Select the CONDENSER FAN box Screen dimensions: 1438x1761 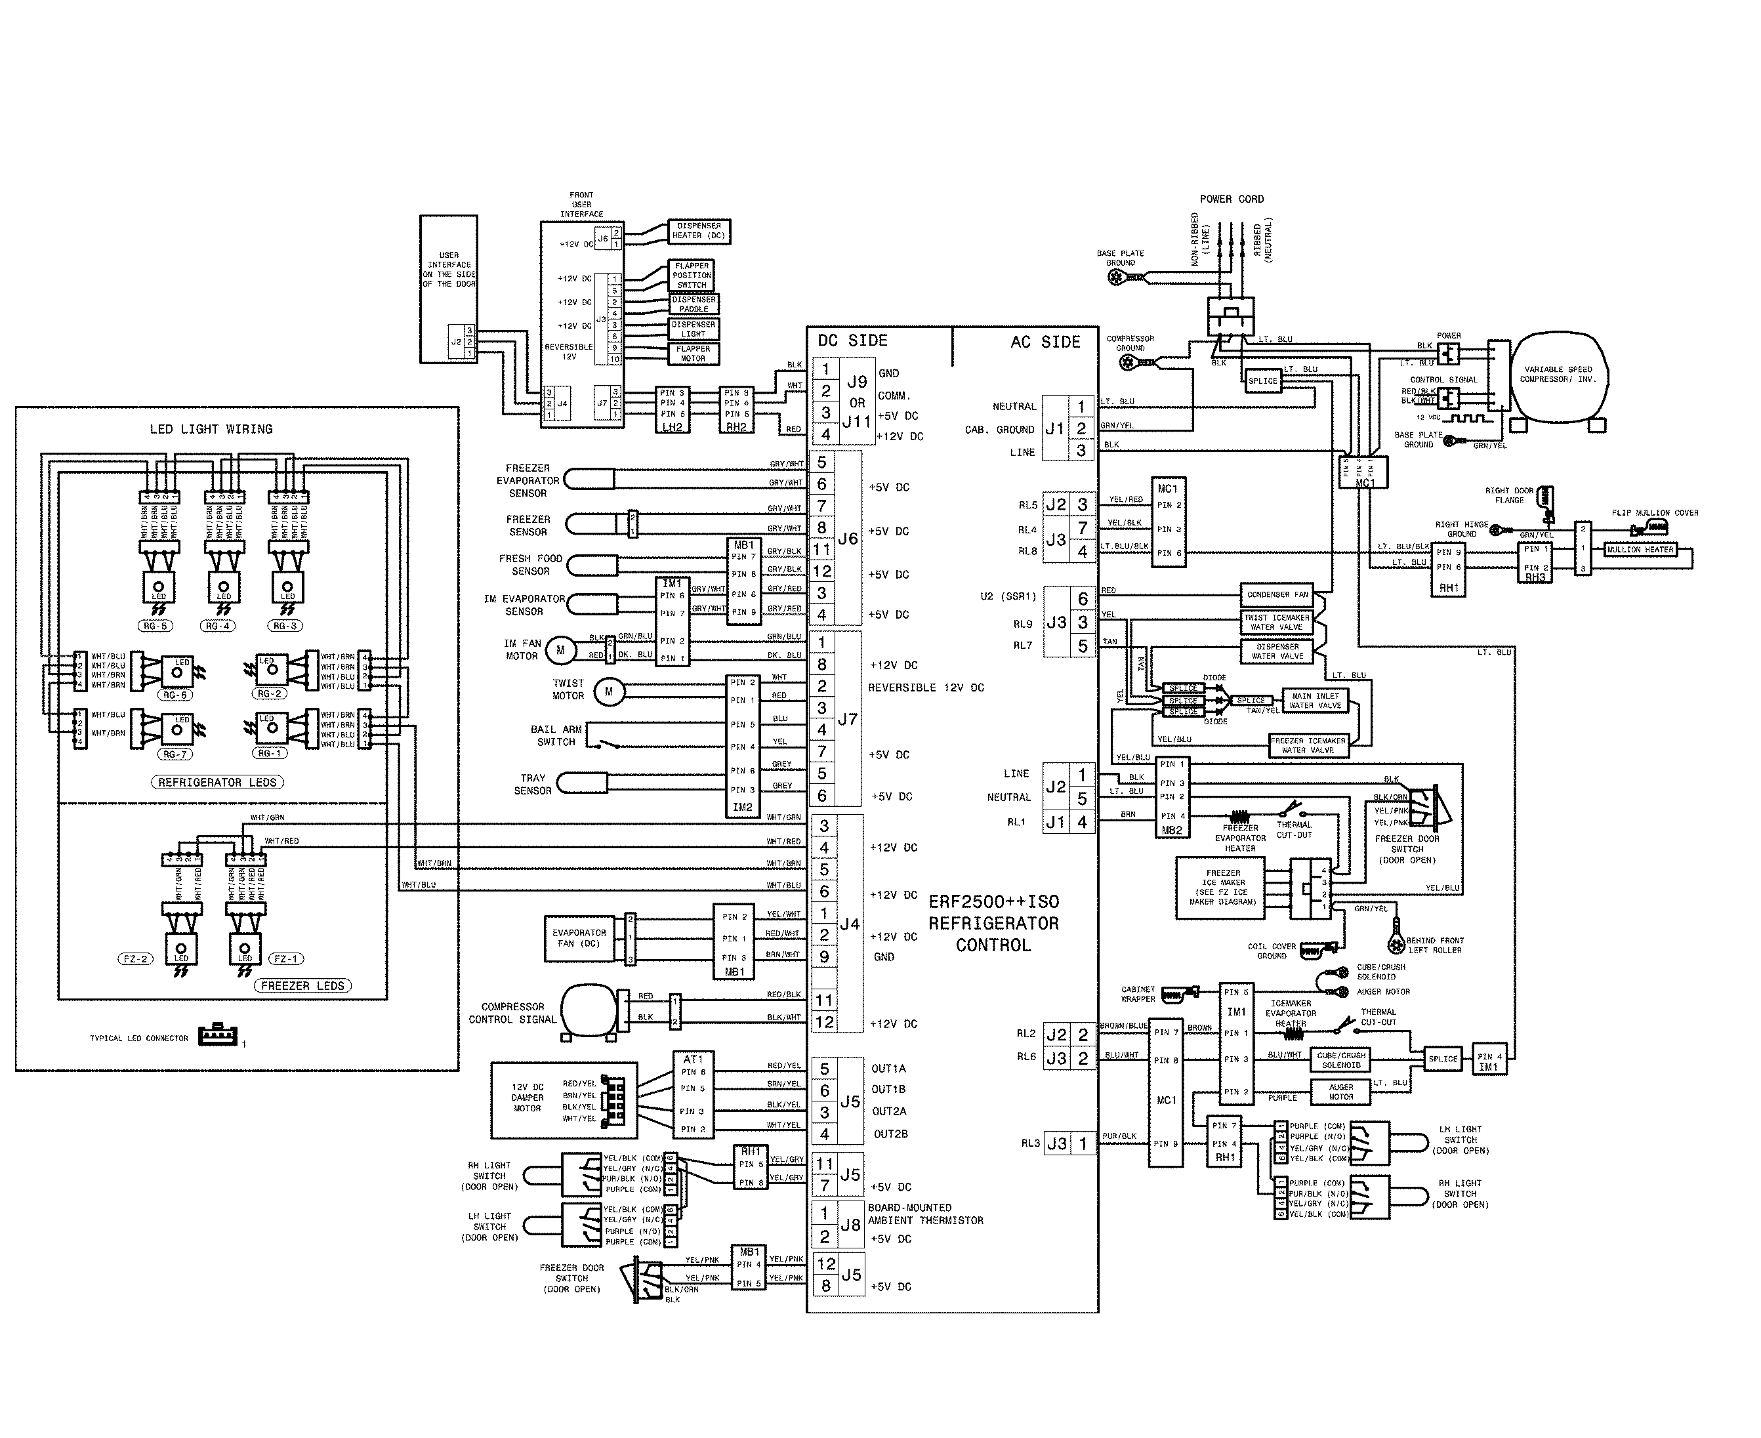point(1277,595)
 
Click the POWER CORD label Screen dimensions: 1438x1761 point(1232,199)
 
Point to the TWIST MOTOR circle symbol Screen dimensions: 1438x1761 point(609,691)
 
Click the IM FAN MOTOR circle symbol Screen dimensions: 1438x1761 point(560,650)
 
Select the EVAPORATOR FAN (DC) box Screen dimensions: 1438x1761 point(579,939)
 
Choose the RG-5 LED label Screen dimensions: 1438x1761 point(155,627)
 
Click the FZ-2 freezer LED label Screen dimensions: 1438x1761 point(135,959)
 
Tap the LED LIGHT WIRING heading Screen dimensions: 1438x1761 point(211,429)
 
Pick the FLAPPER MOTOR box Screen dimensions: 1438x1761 point(694,354)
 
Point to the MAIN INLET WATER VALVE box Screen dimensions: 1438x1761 point(1315,701)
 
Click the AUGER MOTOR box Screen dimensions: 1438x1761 point(1340,1092)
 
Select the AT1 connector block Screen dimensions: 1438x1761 point(692,1094)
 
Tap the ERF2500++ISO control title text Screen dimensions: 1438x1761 point(993,923)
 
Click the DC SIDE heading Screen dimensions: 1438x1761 point(852,340)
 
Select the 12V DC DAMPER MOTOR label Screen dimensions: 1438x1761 point(527,1098)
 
